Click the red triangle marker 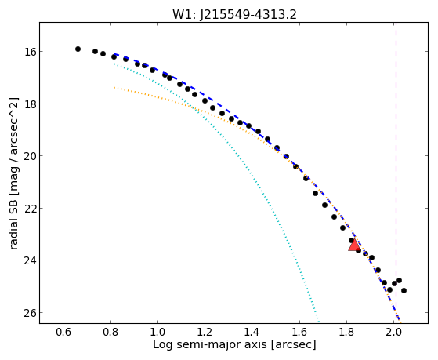pyautogui.click(x=354, y=245)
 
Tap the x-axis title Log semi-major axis pyautogui.click(x=234, y=344)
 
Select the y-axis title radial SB pyautogui.click(x=13, y=173)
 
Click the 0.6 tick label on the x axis pyautogui.click(x=63, y=332)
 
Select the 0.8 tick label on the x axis pyautogui.click(x=110, y=332)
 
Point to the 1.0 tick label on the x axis pyautogui.click(x=157, y=332)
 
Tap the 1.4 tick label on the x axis pyautogui.click(x=252, y=332)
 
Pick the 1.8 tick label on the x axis pyautogui.click(x=346, y=332)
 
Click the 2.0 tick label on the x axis pyautogui.click(x=394, y=332)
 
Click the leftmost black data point pyautogui.click(x=78, y=49)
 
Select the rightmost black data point pyautogui.click(x=404, y=291)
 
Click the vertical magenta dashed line pyautogui.click(x=396, y=173)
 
